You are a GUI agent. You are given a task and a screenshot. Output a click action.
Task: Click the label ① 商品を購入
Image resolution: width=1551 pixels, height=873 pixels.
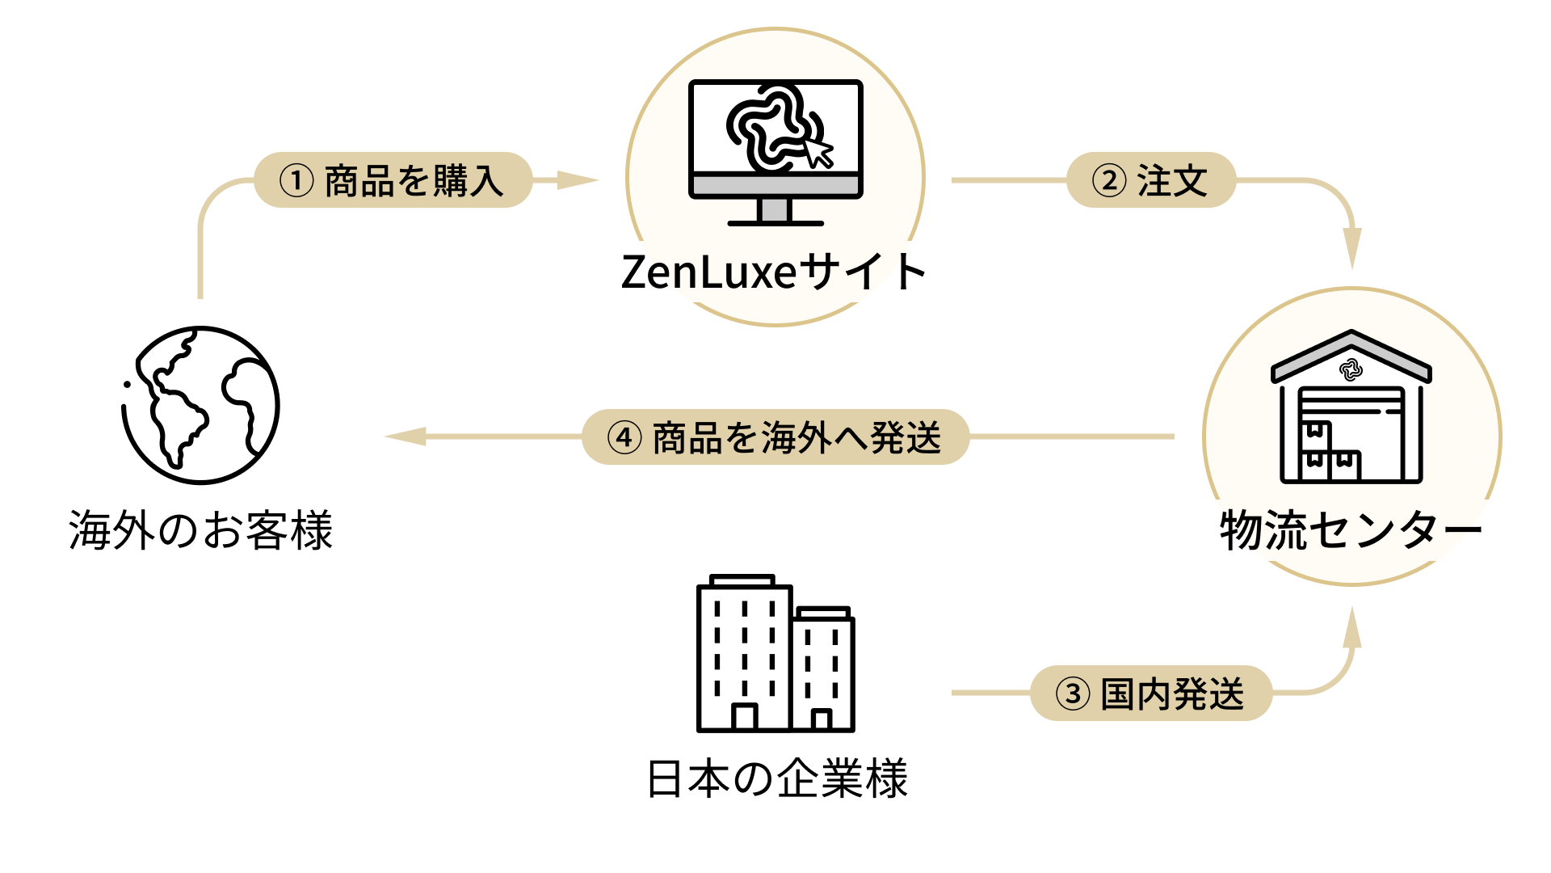coord(393,180)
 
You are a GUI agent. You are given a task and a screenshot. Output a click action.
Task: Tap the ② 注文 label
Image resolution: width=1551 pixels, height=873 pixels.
coord(1151,180)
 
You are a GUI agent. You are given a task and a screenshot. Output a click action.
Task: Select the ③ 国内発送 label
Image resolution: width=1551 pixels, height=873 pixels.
coord(1151,694)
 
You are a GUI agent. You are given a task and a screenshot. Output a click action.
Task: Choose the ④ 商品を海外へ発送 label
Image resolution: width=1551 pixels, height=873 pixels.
coord(775,437)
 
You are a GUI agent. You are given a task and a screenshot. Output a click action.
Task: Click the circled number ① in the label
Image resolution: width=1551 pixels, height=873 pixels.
coord(296,180)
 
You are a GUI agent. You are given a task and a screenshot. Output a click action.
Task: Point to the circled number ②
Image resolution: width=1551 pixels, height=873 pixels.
coord(1109,180)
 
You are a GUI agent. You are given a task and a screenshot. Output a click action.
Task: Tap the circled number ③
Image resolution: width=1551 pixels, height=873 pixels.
coord(1073,694)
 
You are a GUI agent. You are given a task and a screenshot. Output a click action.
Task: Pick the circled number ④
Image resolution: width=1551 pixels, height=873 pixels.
coord(624,437)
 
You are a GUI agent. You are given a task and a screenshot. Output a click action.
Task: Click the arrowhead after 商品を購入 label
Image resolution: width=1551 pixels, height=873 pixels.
coord(577,180)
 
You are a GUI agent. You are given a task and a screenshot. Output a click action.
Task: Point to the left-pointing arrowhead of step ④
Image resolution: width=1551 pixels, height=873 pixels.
coord(406,436)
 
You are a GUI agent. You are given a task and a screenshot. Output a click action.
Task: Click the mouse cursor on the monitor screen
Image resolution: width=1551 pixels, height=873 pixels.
coord(818,151)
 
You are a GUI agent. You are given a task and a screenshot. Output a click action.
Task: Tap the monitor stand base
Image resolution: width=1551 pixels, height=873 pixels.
coord(775,222)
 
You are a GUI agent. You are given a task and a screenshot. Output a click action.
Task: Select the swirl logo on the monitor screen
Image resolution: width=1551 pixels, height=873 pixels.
coord(767,129)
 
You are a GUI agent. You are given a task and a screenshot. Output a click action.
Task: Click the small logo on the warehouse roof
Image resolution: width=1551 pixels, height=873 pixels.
coord(1351,370)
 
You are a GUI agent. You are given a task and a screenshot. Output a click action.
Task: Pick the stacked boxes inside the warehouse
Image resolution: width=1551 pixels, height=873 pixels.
coord(1329,453)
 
